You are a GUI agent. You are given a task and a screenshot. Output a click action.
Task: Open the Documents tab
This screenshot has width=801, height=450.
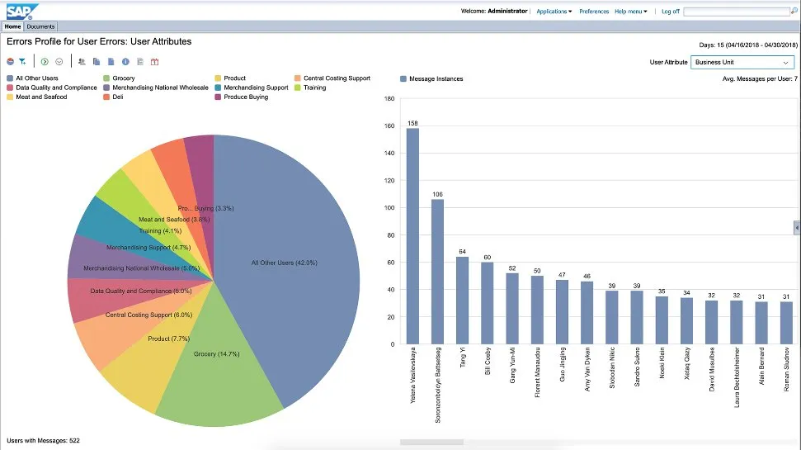40,26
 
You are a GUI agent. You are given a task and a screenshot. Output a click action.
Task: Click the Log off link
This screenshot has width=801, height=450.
670,12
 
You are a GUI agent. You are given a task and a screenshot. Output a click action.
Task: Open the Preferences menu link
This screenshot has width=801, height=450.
594,12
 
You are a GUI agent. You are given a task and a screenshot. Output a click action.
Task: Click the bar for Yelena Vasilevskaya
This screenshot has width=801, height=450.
412,235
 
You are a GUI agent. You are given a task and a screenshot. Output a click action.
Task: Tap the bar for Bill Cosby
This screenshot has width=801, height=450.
487,302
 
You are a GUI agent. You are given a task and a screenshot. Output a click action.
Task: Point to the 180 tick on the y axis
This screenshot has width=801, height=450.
390,98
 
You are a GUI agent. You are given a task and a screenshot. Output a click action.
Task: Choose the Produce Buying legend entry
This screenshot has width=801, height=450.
246,97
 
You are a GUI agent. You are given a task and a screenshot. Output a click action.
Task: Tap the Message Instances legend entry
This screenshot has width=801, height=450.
436,78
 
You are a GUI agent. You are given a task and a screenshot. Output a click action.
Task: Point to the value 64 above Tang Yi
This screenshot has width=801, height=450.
462,252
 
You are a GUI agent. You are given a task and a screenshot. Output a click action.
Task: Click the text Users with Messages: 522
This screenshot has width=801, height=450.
43,441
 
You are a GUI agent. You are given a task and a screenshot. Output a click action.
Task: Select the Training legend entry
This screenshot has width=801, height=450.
314,88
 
